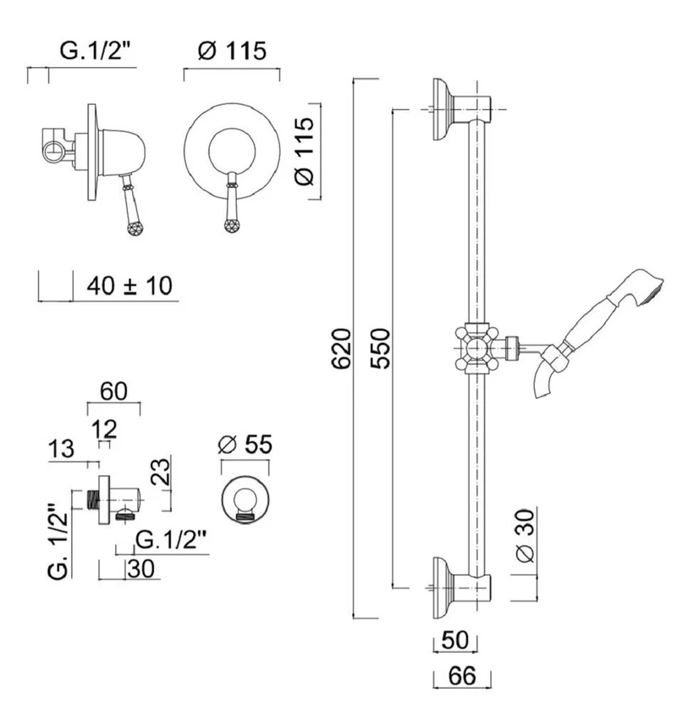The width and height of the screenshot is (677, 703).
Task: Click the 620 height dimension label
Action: pyautogui.click(x=341, y=349)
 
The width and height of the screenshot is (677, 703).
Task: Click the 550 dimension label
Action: pyautogui.click(x=381, y=349)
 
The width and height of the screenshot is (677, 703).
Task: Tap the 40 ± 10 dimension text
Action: pyautogui.click(x=129, y=285)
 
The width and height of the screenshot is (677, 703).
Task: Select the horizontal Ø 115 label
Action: pyautogui.click(x=232, y=50)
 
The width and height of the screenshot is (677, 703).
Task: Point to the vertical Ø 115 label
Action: pyautogui.click(x=305, y=151)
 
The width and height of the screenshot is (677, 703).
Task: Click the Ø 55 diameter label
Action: pyautogui.click(x=245, y=445)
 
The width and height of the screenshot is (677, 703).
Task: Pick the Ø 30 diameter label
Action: pyautogui.click(x=526, y=536)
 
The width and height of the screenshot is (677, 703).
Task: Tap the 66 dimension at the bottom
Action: pyautogui.click(x=462, y=676)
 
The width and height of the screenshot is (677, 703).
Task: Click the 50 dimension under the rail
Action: pyautogui.click(x=454, y=639)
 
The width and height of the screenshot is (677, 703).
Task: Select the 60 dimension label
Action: pyautogui.click(x=113, y=391)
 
